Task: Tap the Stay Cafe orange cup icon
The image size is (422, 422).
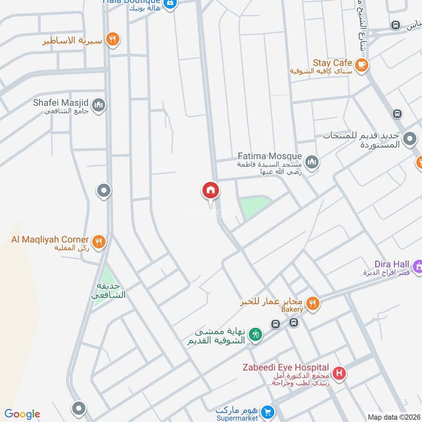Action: tap(361, 65)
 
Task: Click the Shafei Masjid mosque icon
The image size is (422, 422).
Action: tap(98, 106)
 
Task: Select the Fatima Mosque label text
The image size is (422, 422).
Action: tap(270, 157)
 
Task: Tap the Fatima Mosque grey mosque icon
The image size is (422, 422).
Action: tap(312, 161)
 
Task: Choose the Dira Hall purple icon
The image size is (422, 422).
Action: tap(418, 267)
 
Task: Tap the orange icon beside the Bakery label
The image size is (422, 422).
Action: tap(313, 303)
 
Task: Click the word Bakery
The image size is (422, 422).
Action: tap(292, 310)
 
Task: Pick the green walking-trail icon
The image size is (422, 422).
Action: tap(255, 334)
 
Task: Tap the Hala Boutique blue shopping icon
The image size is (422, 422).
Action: tap(170, 4)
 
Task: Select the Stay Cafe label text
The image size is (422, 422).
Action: tap(332, 62)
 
